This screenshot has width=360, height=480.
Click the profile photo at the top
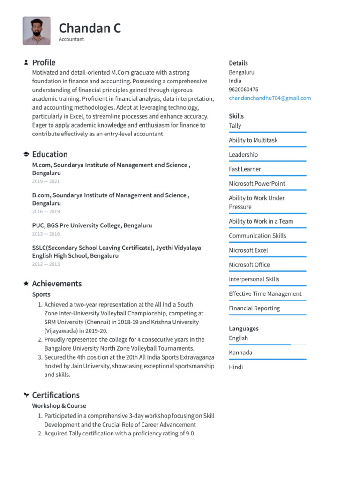(x=37, y=31)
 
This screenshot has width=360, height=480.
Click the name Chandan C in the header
(x=90, y=28)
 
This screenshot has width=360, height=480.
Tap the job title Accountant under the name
(x=71, y=39)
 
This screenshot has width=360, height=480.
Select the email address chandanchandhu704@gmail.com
(x=270, y=98)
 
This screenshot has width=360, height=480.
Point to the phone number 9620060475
(x=243, y=90)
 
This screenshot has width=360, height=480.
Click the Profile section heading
(x=44, y=62)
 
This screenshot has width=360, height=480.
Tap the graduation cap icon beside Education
(x=26, y=154)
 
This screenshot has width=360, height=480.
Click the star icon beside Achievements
(x=26, y=284)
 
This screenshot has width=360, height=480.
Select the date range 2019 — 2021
(x=46, y=181)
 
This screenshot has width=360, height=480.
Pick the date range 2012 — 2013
(x=46, y=264)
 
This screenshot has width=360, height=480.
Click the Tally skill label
(x=235, y=126)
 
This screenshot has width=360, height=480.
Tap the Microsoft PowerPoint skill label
(x=257, y=184)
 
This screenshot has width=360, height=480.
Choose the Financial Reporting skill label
(x=254, y=308)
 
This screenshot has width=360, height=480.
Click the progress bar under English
(x=267, y=345)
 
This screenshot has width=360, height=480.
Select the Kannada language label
(x=240, y=352)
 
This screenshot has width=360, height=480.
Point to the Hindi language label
(x=236, y=367)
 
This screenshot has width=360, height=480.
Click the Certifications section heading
(x=56, y=395)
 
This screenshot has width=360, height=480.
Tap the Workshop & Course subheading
(x=59, y=406)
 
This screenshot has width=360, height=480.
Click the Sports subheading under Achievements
(x=41, y=295)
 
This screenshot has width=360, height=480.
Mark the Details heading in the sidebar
(x=238, y=63)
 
